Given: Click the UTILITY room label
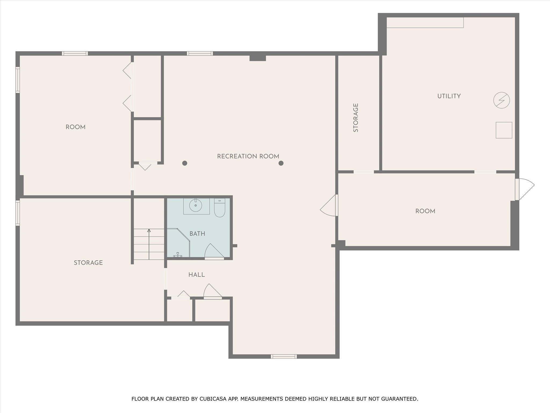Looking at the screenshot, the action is click(x=449, y=96).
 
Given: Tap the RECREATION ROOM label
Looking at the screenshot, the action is click(x=248, y=156).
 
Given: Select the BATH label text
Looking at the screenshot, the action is click(x=197, y=234).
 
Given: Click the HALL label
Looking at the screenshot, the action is click(x=197, y=275).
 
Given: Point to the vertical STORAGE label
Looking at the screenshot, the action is click(x=356, y=118).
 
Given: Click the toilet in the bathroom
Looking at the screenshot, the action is click(x=219, y=208).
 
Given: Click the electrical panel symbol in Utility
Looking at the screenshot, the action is click(x=501, y=100).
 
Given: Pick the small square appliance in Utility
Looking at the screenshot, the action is click(x=504, y=130).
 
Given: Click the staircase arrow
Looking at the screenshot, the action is click(x=149, y=244).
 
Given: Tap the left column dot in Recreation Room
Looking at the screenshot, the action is click(x=185, y=163).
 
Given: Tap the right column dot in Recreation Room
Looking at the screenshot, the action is click(x=281, y=163).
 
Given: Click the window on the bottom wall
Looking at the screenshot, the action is click(x=284, y=357).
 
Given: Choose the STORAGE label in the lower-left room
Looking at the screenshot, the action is click(x=88, y=263).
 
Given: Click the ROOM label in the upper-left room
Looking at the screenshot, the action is click(x=75, y=127).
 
